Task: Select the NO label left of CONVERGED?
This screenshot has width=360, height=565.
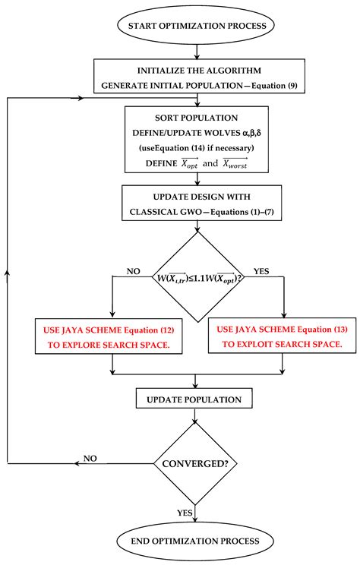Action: pos(90,459)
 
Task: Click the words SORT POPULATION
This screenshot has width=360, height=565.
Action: pos(197,118)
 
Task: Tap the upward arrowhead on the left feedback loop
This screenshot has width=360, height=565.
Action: pos(8,270)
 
